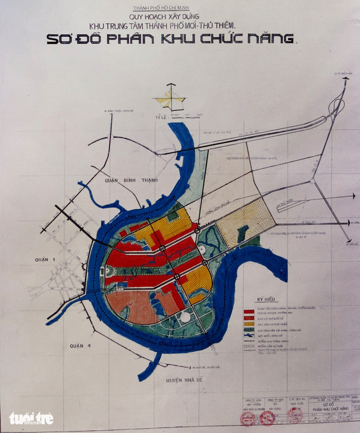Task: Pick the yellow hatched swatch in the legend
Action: (x=249, y=324)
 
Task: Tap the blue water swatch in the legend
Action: (x=249, y=335)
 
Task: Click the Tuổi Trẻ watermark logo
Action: (x=31, y=418)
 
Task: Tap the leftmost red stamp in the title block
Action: (x=248, y=418)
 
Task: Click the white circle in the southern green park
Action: (x=184, y=317)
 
